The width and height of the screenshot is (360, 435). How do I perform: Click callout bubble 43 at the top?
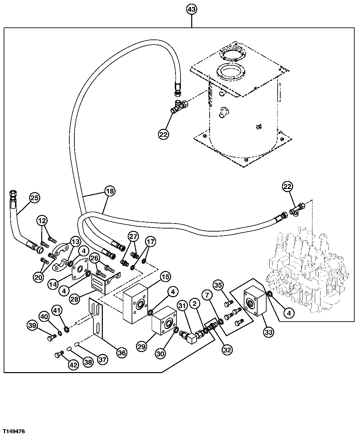(191, 10)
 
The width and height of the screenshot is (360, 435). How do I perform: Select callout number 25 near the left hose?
(34, 198)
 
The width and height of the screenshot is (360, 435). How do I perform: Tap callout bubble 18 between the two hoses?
(110, 191)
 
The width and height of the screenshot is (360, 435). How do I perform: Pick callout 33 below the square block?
(269, 332)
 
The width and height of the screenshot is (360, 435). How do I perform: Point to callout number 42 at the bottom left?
(73, 365)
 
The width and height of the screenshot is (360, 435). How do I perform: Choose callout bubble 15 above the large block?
(165, 277)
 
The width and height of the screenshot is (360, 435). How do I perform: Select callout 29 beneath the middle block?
(141, 347)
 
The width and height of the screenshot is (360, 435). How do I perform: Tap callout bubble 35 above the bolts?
(218, 285)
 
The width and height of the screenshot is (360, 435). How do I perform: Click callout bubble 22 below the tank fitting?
(163, 135)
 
